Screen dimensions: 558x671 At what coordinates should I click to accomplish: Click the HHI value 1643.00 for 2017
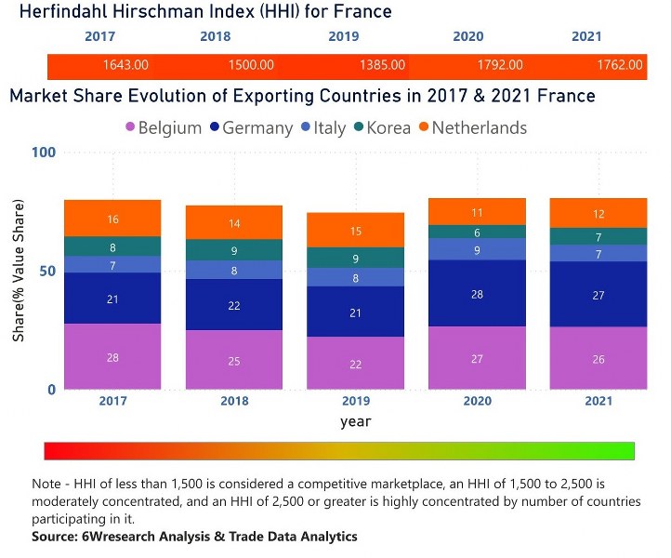click(125, 65)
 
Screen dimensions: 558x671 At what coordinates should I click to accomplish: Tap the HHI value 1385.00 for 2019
click(382, 65)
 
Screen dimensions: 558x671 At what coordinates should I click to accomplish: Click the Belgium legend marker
click(130, 127)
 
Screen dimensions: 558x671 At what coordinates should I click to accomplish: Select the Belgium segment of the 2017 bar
click(112, 356)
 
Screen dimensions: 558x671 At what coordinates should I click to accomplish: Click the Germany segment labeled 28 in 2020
click(477, 293)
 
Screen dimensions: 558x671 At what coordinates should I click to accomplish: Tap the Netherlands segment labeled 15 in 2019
click(355, 230)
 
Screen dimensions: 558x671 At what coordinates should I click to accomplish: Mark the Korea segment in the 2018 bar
click(234, 250)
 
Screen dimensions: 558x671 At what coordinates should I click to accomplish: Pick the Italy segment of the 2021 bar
click(599, 253)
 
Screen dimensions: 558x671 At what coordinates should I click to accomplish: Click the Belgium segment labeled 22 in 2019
click(355, 363)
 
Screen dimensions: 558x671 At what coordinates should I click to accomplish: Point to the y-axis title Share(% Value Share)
click(19, 270)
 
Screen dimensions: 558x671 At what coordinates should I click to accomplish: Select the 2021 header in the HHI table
click(585, 37)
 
